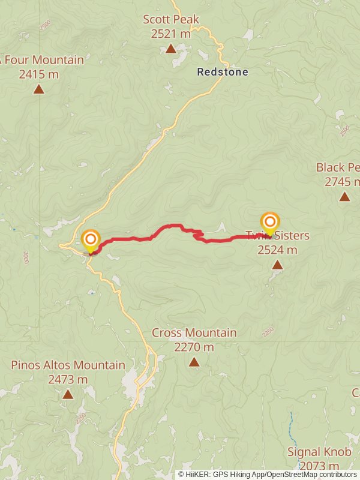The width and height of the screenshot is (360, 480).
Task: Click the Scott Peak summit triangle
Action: pos(171,49)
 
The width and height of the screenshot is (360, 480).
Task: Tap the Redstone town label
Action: pos(223,72)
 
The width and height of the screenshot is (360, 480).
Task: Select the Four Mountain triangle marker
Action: pos(39,89)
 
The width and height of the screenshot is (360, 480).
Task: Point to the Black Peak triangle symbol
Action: pos(344,196)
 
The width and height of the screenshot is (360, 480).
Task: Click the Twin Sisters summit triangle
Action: pos(277,265)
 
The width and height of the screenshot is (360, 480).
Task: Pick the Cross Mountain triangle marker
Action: pos(194,362)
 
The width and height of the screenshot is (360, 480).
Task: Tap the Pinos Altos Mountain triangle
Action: pos(68,394)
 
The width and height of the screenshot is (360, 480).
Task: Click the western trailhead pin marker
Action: pos(91,241)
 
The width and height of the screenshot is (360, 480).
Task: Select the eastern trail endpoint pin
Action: pos(269,223)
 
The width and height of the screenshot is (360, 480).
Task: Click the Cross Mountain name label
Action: pos(194,332)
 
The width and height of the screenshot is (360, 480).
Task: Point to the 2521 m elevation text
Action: pos(171,34)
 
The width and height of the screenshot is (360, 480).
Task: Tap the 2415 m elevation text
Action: pos(39,74)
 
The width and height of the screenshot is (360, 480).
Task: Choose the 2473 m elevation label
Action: pos(68,379)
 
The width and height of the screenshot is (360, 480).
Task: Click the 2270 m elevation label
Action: pos(194,347)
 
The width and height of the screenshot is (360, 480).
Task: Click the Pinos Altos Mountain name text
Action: pos(68,365)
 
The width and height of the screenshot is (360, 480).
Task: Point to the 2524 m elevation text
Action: pos(277,250)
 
